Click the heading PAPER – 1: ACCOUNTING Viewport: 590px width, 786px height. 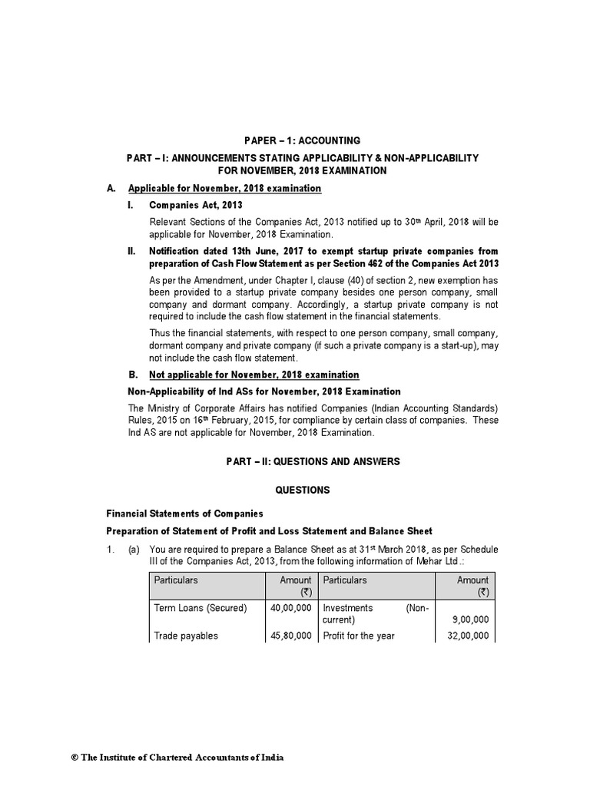301,140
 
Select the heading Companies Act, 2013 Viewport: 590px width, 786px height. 195,206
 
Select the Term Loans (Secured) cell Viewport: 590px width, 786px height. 201,607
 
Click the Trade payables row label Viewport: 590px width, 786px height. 186,636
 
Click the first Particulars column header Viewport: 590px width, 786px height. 176,580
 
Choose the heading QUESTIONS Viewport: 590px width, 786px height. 302,489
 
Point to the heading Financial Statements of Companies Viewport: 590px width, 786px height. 184,514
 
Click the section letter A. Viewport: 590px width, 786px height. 111,189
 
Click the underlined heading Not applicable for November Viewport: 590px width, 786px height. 244,375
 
